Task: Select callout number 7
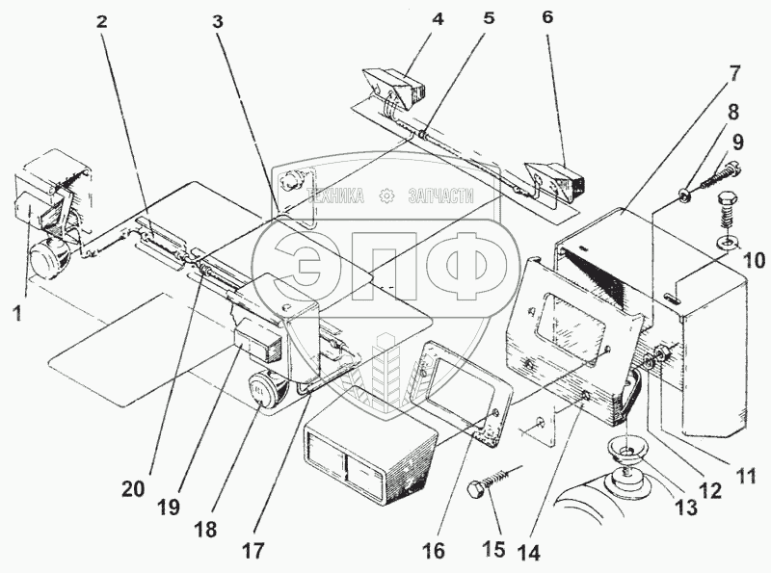[733, 72]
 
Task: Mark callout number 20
[134, 489]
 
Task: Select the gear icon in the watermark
[386, 195]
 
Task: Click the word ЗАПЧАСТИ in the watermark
[442, 195]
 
